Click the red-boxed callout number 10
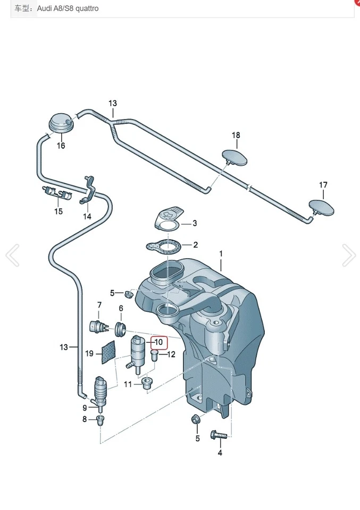click(x=158, y=343)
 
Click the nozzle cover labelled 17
click(x=322, y=207)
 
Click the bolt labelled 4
click(x=218, y=435)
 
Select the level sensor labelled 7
click(x=97, y=326)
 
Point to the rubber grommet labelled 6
click(x=120, y=328)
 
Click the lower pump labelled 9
click(x=101, y=389)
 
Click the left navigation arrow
click(x=12, y=256)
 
